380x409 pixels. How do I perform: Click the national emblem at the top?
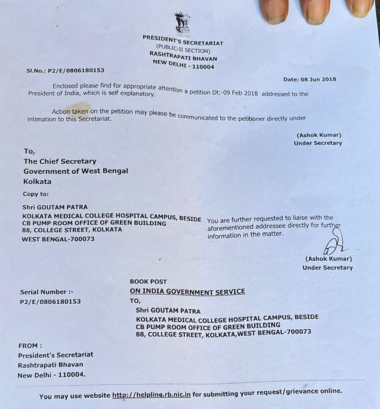pos(182,22)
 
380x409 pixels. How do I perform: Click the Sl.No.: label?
pos(36,69)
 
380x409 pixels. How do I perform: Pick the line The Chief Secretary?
pos(60,161)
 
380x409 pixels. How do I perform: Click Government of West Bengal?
pos(76,171)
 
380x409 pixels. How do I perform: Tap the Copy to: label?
pos(36,193)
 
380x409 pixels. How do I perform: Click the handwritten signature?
pos(335,242)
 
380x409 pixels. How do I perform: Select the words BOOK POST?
pos(148,282)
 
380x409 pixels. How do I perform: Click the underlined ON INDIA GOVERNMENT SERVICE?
pos(187,291)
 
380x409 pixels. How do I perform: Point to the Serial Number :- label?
pos(47,292)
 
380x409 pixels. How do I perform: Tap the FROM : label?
pos(30,345)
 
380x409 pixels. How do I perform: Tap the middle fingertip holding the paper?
pos(315,11)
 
